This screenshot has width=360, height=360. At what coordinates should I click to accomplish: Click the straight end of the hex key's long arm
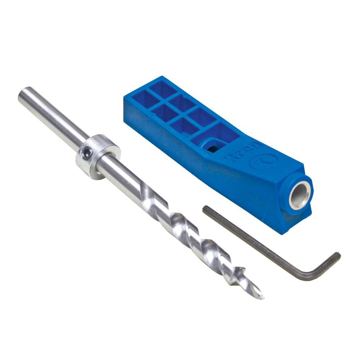pos(206,209)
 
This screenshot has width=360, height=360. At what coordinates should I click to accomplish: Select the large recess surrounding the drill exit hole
pos(216,139)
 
